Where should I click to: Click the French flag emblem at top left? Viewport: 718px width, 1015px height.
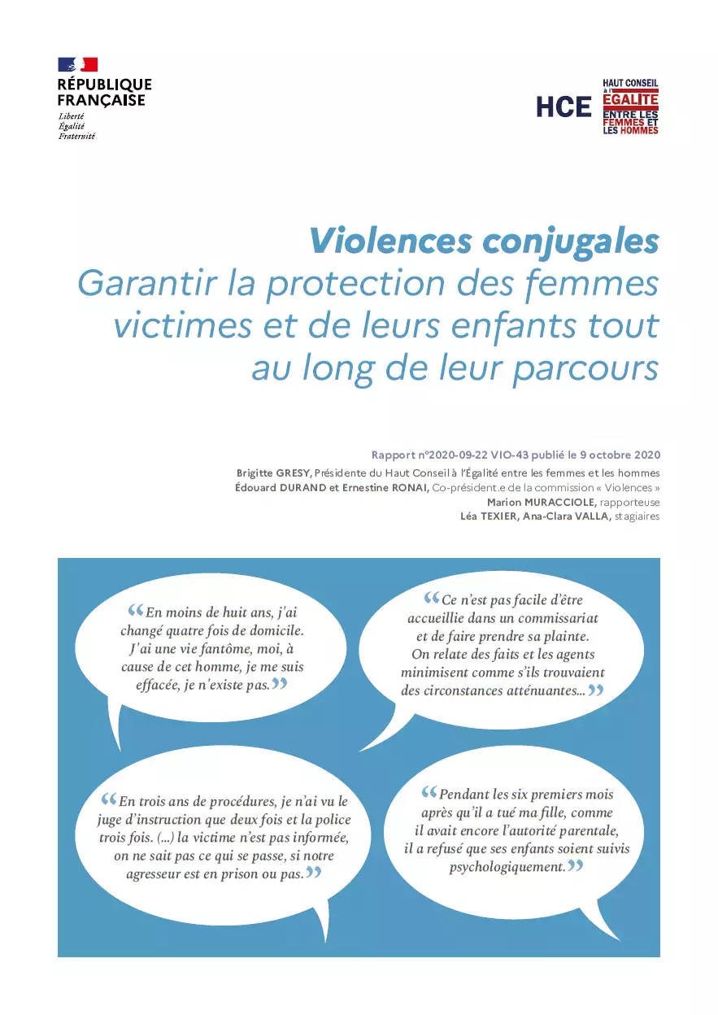coord(77,65)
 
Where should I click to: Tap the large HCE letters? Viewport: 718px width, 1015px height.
coord(564,107)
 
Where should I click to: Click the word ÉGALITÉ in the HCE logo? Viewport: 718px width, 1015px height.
coord(630,98)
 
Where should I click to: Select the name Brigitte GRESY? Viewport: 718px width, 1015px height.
coord(274,473)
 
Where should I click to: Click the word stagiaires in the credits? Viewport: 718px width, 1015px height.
coord(637,516)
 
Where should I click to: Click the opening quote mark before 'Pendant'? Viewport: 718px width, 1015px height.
coord(429,792)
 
